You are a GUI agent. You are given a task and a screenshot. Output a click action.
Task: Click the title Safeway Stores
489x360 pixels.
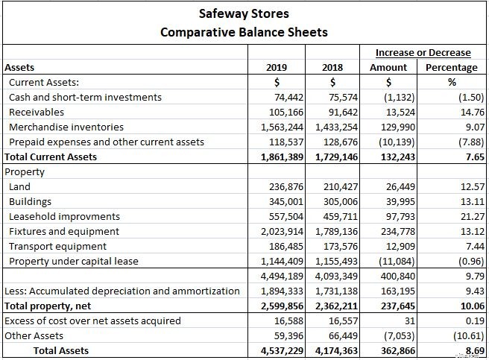(x=244, y=13)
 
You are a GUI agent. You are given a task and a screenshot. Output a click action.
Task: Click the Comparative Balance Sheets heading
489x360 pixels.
(x=244, y=32)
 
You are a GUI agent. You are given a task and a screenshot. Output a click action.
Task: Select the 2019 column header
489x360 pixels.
(x=277, y=68)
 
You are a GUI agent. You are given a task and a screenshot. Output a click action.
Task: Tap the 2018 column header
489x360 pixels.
(x=332, y=68)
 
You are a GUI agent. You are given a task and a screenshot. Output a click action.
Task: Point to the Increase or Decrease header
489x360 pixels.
(x=423, y=53)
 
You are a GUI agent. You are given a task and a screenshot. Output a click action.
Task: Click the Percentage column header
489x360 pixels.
(x=451, y=68)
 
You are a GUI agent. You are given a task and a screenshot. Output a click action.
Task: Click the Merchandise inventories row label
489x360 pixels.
(x=66, y=127)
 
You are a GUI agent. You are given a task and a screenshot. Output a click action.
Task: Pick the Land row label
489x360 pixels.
(x=19, y=187)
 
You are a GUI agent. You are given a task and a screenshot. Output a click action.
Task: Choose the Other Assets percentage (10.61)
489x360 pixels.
(x=470, y=336)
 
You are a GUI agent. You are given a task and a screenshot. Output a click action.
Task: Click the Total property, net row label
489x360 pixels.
(x=45, y=306)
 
